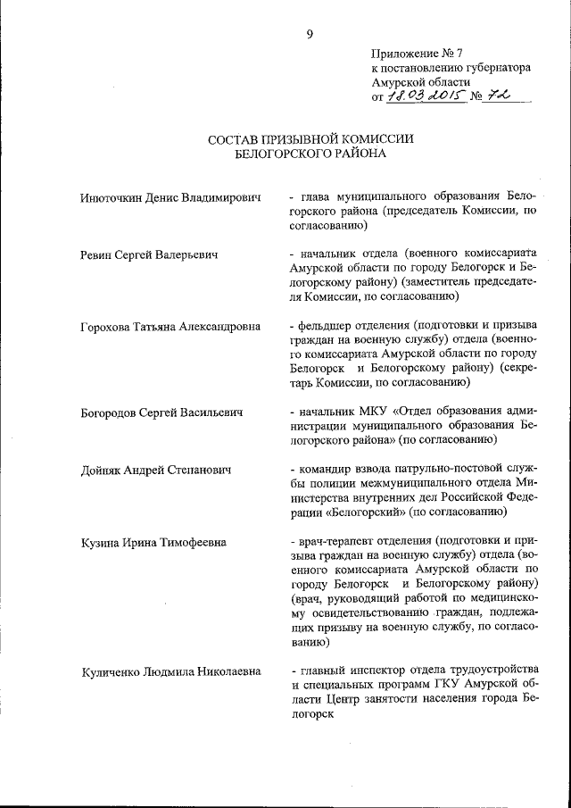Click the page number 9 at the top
[x=310, y=34]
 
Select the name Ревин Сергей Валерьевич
[x=148, y=255]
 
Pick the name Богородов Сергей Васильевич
[x=161, y=413]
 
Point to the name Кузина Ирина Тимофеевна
[x=152, y=542]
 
